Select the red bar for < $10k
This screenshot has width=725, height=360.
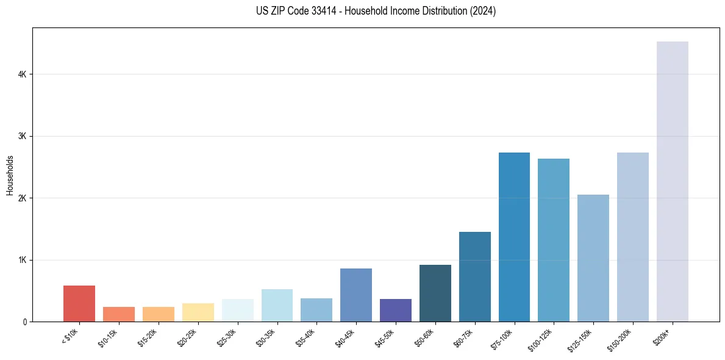point(79,303)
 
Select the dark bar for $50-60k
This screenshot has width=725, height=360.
point(435,293)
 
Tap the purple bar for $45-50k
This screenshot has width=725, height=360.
point(396,310)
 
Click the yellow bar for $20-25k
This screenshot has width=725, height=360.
point(198,312)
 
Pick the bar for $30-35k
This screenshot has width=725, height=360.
point(277,305)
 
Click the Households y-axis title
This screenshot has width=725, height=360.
point(10,175)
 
